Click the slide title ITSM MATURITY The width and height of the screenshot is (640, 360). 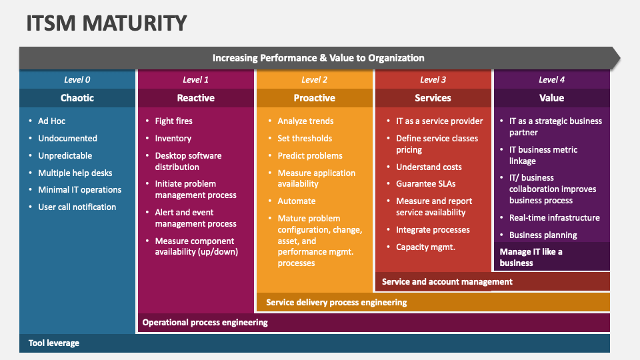pyautogui.click(x=107, y=23)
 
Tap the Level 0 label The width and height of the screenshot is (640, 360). pyautogui.click(x=77, y=80)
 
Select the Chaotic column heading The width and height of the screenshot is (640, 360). pyautogui.click(x=77, y=98)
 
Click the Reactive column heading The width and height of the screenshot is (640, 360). pyautogui.click(x=196, y=98)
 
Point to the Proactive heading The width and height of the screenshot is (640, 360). pyautogui.click(x=315, y=98)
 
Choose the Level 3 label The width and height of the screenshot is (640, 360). pyautogui.click(x=433, y=80)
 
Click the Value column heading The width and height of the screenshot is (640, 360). pyautogui.click(x=551, y=98)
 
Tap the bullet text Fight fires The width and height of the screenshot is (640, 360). pyautogui.click(x=174, y=121)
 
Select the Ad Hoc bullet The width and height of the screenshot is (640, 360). pyautogui.click(x=52, y=121)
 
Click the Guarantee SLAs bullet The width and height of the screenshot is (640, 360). pyautogui.click(x=426, y=184)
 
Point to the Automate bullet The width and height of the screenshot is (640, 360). pyautogui.click(x=297, y=201)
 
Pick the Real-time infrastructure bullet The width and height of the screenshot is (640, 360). pyautogui.click(x=555, y=218)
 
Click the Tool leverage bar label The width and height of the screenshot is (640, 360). pyautogui.click(x=54, y=343)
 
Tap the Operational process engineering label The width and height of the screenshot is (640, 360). pyautogui.click(x=205, y=323)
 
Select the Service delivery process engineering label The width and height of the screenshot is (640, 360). pyautogui.click(x=336, y=303)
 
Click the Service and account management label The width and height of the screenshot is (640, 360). pyautogui.click(x=447, y=282)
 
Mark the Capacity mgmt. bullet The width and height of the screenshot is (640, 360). pyautogui.click(x=426, y=247)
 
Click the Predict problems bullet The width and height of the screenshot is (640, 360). pyautogui.click(x=310, y=156)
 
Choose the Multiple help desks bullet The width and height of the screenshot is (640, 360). pyautogui.click(x=75, y=173)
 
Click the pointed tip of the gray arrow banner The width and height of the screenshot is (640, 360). pyautogui.click(x=619, y=58)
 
